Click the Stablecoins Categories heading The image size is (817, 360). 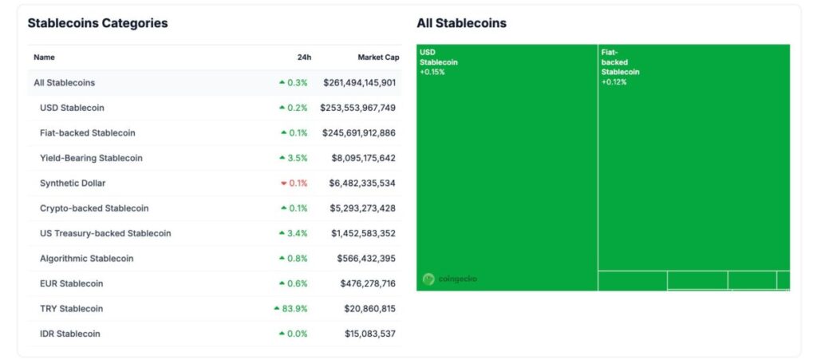[x=97, y=23]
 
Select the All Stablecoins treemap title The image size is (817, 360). [x=461, y=23]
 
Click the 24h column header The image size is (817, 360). [x=304, y=57]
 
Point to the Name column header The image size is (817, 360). [x=44, y=57]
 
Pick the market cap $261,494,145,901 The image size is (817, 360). [x=359, y=82]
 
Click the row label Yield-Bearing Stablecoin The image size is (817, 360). [x=91, y=158]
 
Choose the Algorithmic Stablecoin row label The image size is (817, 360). [x=86, y=259]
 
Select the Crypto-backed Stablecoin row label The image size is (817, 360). [x=93, y=208]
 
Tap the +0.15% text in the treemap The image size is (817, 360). [x=432, y=72]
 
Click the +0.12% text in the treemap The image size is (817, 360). [x=614, y=81]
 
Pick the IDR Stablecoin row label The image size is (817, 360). [x=70, y=334]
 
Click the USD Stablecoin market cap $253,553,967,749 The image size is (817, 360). [x=357, y=108]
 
